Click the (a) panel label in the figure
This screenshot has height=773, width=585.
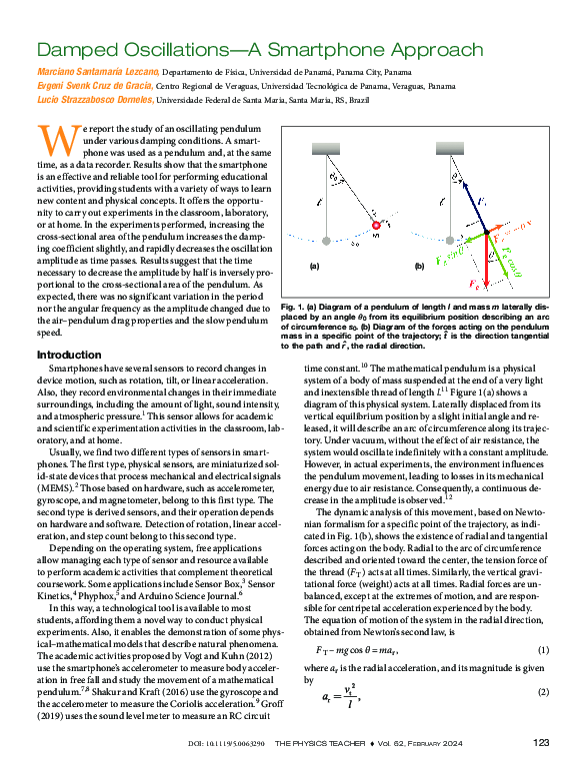tap(313, 267)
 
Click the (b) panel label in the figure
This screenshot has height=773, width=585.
tap(419, 267)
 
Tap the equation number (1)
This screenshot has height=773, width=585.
tap(544, 650)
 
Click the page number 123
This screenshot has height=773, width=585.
tap(541, 742)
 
